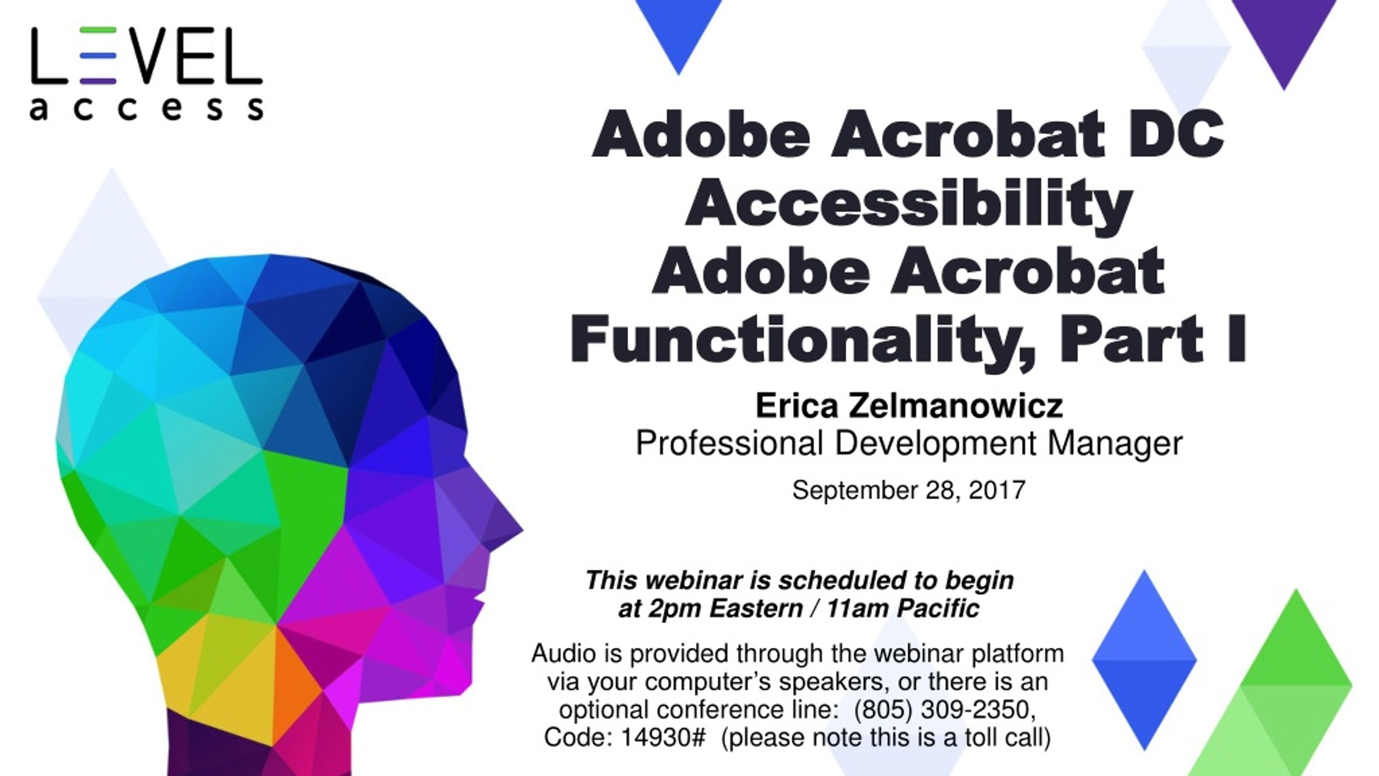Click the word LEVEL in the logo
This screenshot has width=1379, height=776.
coord(147,56)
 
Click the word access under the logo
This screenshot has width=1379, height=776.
coord(147,109)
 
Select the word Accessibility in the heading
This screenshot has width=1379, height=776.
coord(908,203)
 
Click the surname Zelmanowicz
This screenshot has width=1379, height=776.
coord(956,406)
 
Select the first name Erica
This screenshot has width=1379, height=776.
coord(796,406)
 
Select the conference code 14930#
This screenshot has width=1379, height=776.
coord(663,738)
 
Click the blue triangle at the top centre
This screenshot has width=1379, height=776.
coord(679,30)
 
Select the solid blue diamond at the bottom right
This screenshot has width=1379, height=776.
coord(1144,661)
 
